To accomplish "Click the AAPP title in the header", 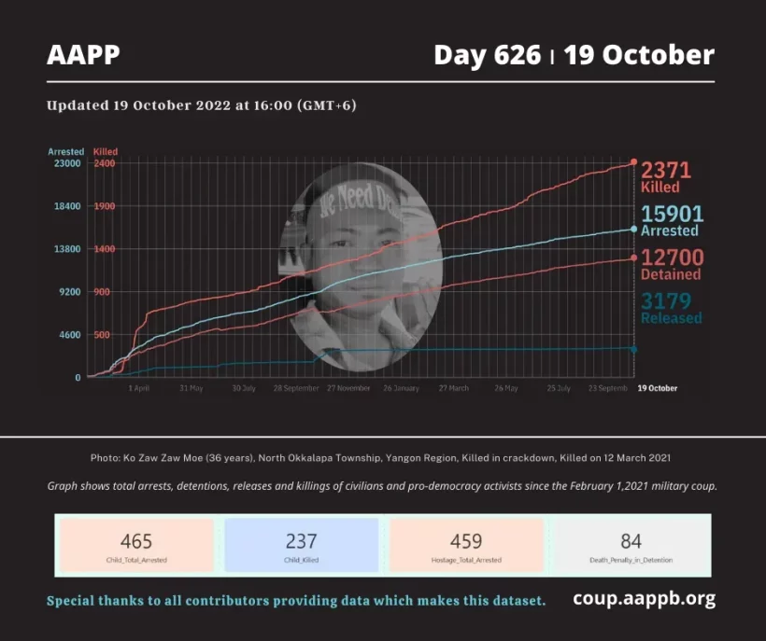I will (x=83, y=55).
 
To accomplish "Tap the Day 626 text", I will (x=487, y=55).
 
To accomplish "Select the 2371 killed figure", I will (x=666, y=170).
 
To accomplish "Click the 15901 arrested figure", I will (x=672, y=214).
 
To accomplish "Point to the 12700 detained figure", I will (x=672, y=258).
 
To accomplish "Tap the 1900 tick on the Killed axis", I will (x=104, y=206).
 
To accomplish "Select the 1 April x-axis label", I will (x=138, y=388).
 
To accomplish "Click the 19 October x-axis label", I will (x=657, y=388).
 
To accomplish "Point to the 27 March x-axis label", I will (x=453, y=388).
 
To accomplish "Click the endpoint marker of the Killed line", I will (x=634, y=162).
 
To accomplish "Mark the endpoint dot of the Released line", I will (x=634, y=349).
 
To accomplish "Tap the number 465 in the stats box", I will (x=136, y=541).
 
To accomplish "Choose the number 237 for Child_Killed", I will (x=301, y=541).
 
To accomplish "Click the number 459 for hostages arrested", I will (x=465, y=541).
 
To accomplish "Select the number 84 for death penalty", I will (x=631, y=541).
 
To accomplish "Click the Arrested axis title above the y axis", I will (x=66, y=151).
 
